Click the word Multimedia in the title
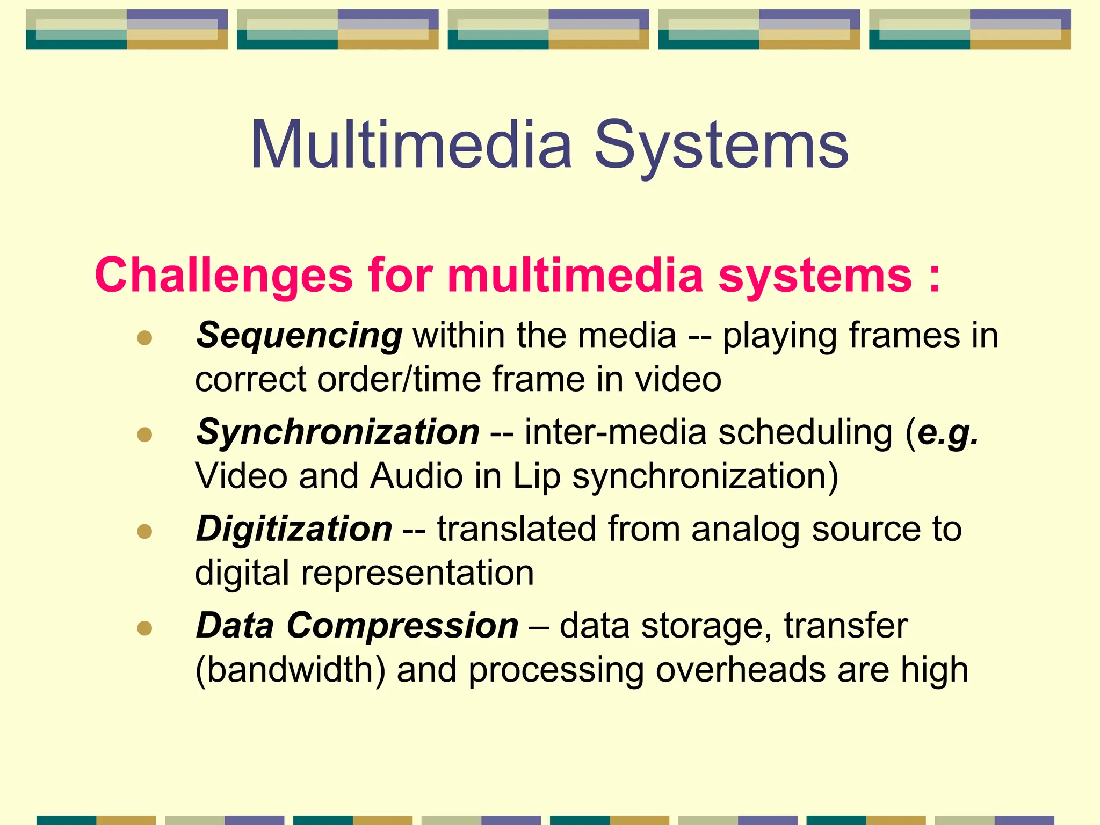click(411, 145)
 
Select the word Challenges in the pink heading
click(223, 275)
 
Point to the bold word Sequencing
click(299, 336)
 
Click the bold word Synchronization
click(338, 432)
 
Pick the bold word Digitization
click(294, 529)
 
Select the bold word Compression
click(402, 626)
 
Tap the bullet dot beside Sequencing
click(144, 338)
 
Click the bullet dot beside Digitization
click(144, 531)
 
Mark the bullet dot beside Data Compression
click(144, 628)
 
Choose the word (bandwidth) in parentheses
click(290, 670)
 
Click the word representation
click(417, 573)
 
